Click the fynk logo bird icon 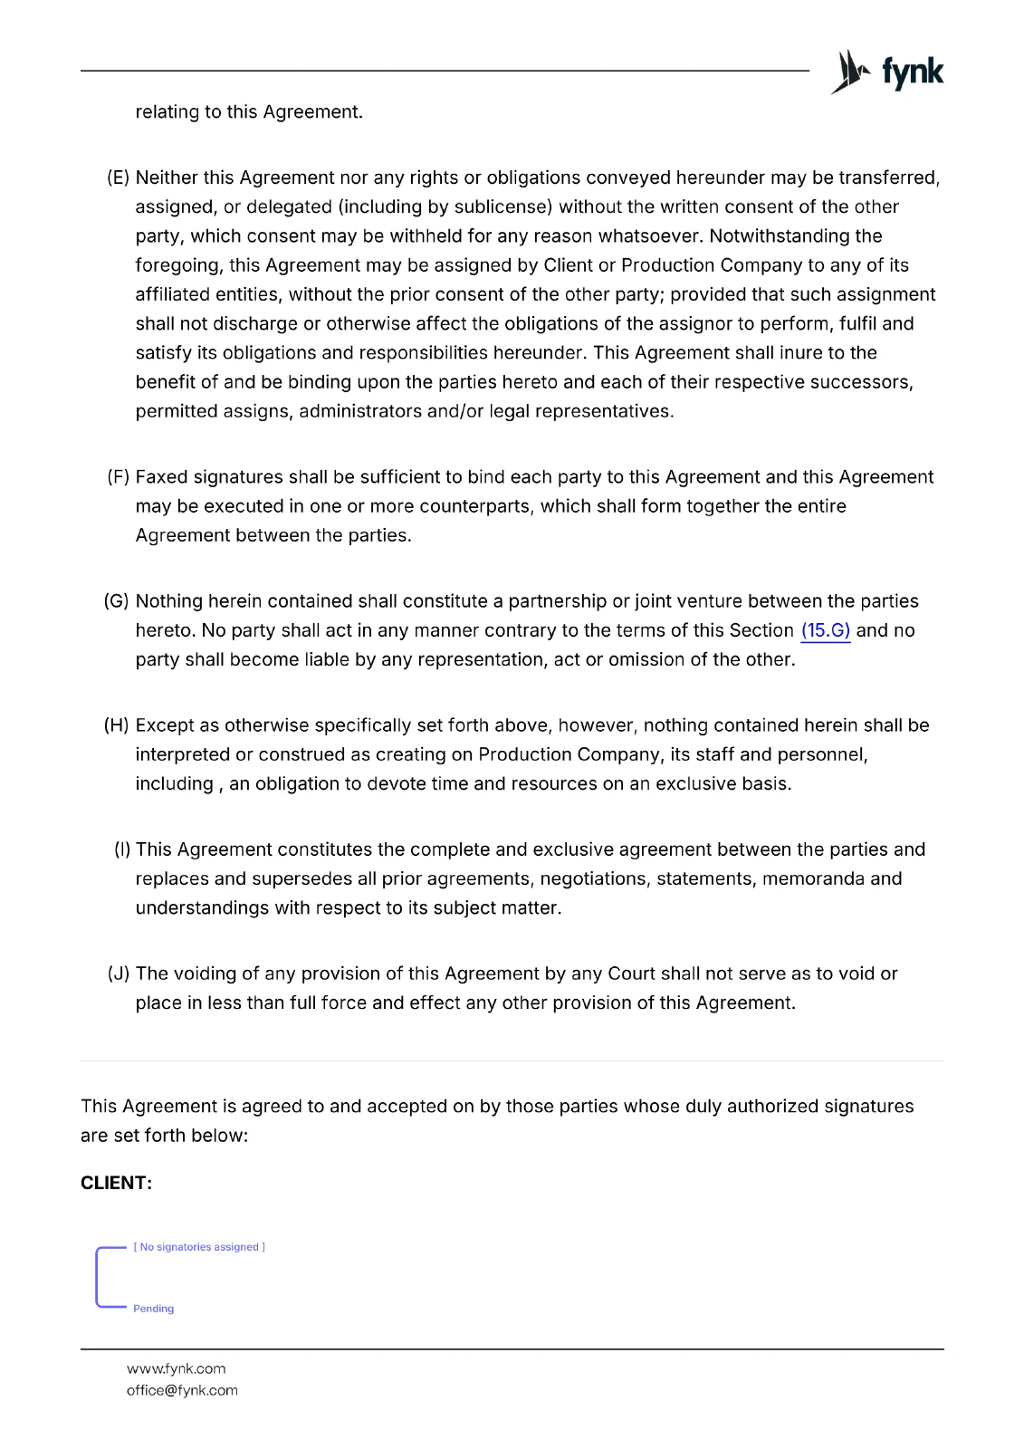(x=849, y=72)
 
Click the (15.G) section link (x=825, y=630)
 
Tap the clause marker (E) (x=119, y=178)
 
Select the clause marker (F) (x=119, y=477)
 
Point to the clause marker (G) (x=117, y=601)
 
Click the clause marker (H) (x=117, y=725)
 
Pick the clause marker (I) (x=122, y=849)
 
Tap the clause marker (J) (x=119, y=974)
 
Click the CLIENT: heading (x=116, y=1183)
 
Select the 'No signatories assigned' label (x=199, y=1247)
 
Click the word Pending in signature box (x=153, y=1309)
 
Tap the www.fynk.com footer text (x=176, y=1368)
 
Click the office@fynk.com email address (x=182, y=1390)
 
